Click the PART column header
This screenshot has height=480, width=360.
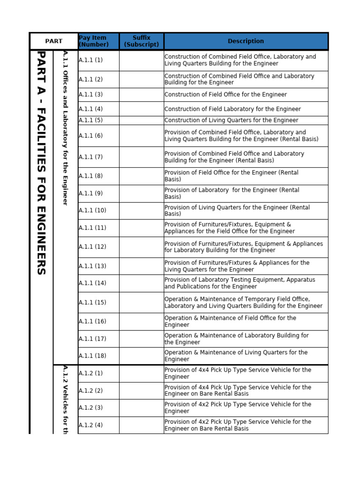[53, 41]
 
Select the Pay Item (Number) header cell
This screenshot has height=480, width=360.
[93, 41]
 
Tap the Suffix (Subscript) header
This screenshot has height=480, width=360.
[141, 41]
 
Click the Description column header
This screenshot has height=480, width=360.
[246, 41]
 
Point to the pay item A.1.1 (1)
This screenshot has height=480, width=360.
[90, 60]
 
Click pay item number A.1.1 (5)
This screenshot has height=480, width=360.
[90, 120]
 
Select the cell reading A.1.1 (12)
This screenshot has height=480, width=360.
[92, 247]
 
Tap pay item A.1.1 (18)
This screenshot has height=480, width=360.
[92, 356]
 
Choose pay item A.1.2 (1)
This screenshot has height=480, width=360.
[90, 374]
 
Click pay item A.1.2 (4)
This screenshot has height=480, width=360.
[90, 425]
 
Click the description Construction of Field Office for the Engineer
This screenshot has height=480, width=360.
[225, 95]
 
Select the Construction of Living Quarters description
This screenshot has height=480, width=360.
[231, 120]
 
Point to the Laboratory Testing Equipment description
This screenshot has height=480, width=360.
[240, 283]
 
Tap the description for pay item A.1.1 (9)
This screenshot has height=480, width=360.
[232, 194]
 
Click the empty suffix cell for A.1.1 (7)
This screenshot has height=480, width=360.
[141, 157]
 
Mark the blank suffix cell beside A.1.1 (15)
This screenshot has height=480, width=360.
[141, 302]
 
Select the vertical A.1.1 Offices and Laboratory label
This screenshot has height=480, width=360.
[66, 127]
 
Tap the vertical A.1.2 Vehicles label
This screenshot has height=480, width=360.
[66, 399]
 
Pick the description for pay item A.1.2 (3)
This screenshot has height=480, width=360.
[238, 408]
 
